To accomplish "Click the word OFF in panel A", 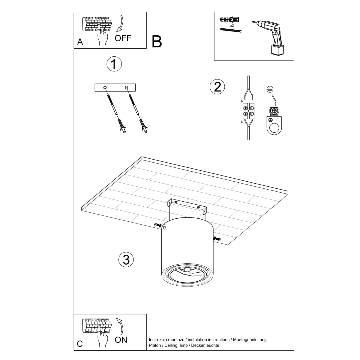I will point(123,38).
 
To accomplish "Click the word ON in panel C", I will point(121,340).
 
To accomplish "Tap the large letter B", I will point(157,42).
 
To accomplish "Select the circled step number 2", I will point(217,87).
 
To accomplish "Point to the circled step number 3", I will point(126,259).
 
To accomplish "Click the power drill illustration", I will point(270,36).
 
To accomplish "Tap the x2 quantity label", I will point(232,26).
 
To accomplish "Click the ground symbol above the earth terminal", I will point(269,89).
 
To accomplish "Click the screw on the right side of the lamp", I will point(217,239).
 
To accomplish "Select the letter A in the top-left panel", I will point(80,42).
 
